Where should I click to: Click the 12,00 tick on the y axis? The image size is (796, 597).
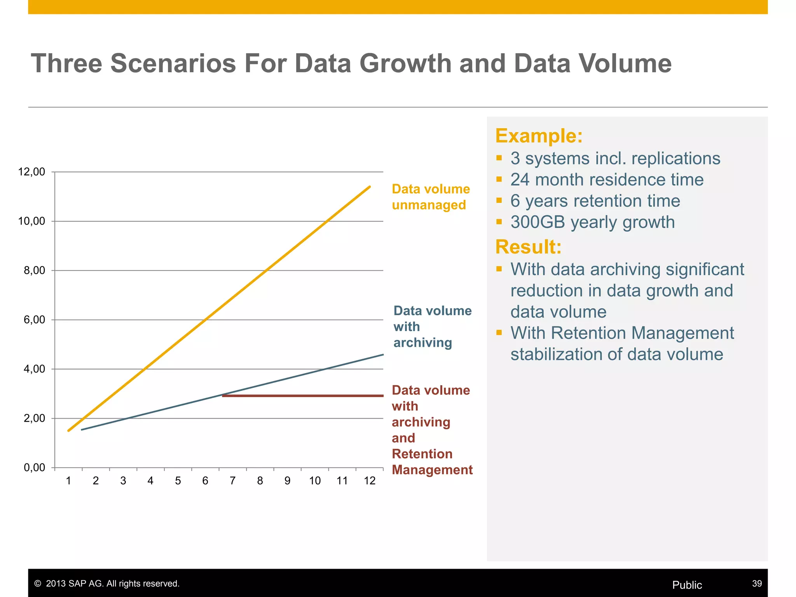(x=31, y=171)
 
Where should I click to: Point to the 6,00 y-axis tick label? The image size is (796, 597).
(x=34, y=319)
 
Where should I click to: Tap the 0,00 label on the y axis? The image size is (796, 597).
(x=34, y=468)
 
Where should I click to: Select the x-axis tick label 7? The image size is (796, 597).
(x=232, y=481)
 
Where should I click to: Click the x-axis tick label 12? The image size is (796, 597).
(x=370, y=481)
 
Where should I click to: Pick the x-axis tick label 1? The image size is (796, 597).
(x=68, y=481)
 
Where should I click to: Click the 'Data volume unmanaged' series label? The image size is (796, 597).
(x=430, y=197)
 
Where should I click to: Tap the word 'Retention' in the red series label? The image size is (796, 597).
(x=422, y=454)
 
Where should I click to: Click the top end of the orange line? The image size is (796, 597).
(x=370, y=187)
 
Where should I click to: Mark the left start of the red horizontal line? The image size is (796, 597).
(x=223, y=396)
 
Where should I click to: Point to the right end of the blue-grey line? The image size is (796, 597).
(x=383, y=354)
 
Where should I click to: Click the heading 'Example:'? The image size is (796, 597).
(x=539, y=136)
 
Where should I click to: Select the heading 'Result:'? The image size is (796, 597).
(x=528, y=247)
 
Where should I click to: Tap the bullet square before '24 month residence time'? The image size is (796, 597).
(x=499, y=179)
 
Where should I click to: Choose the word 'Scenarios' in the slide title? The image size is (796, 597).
(x=173, y=63)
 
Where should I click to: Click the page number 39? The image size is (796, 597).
(x=757, y=583)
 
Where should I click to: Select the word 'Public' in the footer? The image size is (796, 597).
(x=687, y=585)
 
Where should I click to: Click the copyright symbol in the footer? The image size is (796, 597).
(x=38, y=584)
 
